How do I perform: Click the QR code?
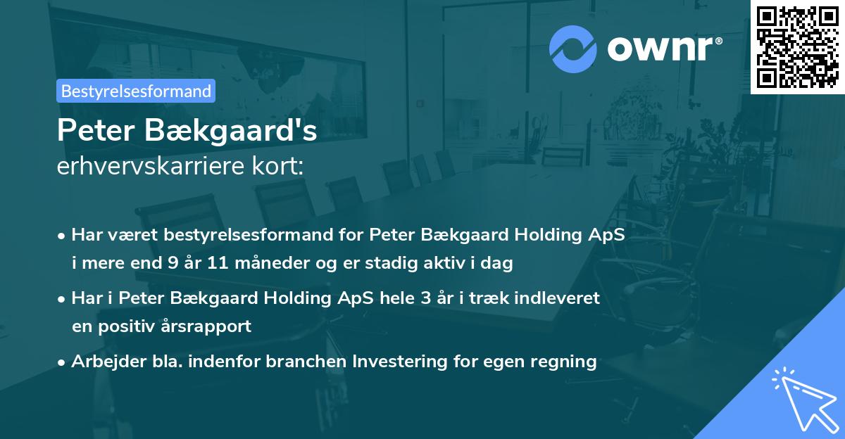pyautogui.click(x=797, y=47)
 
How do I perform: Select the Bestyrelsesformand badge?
pyautogui.click(x=136, y=91)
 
